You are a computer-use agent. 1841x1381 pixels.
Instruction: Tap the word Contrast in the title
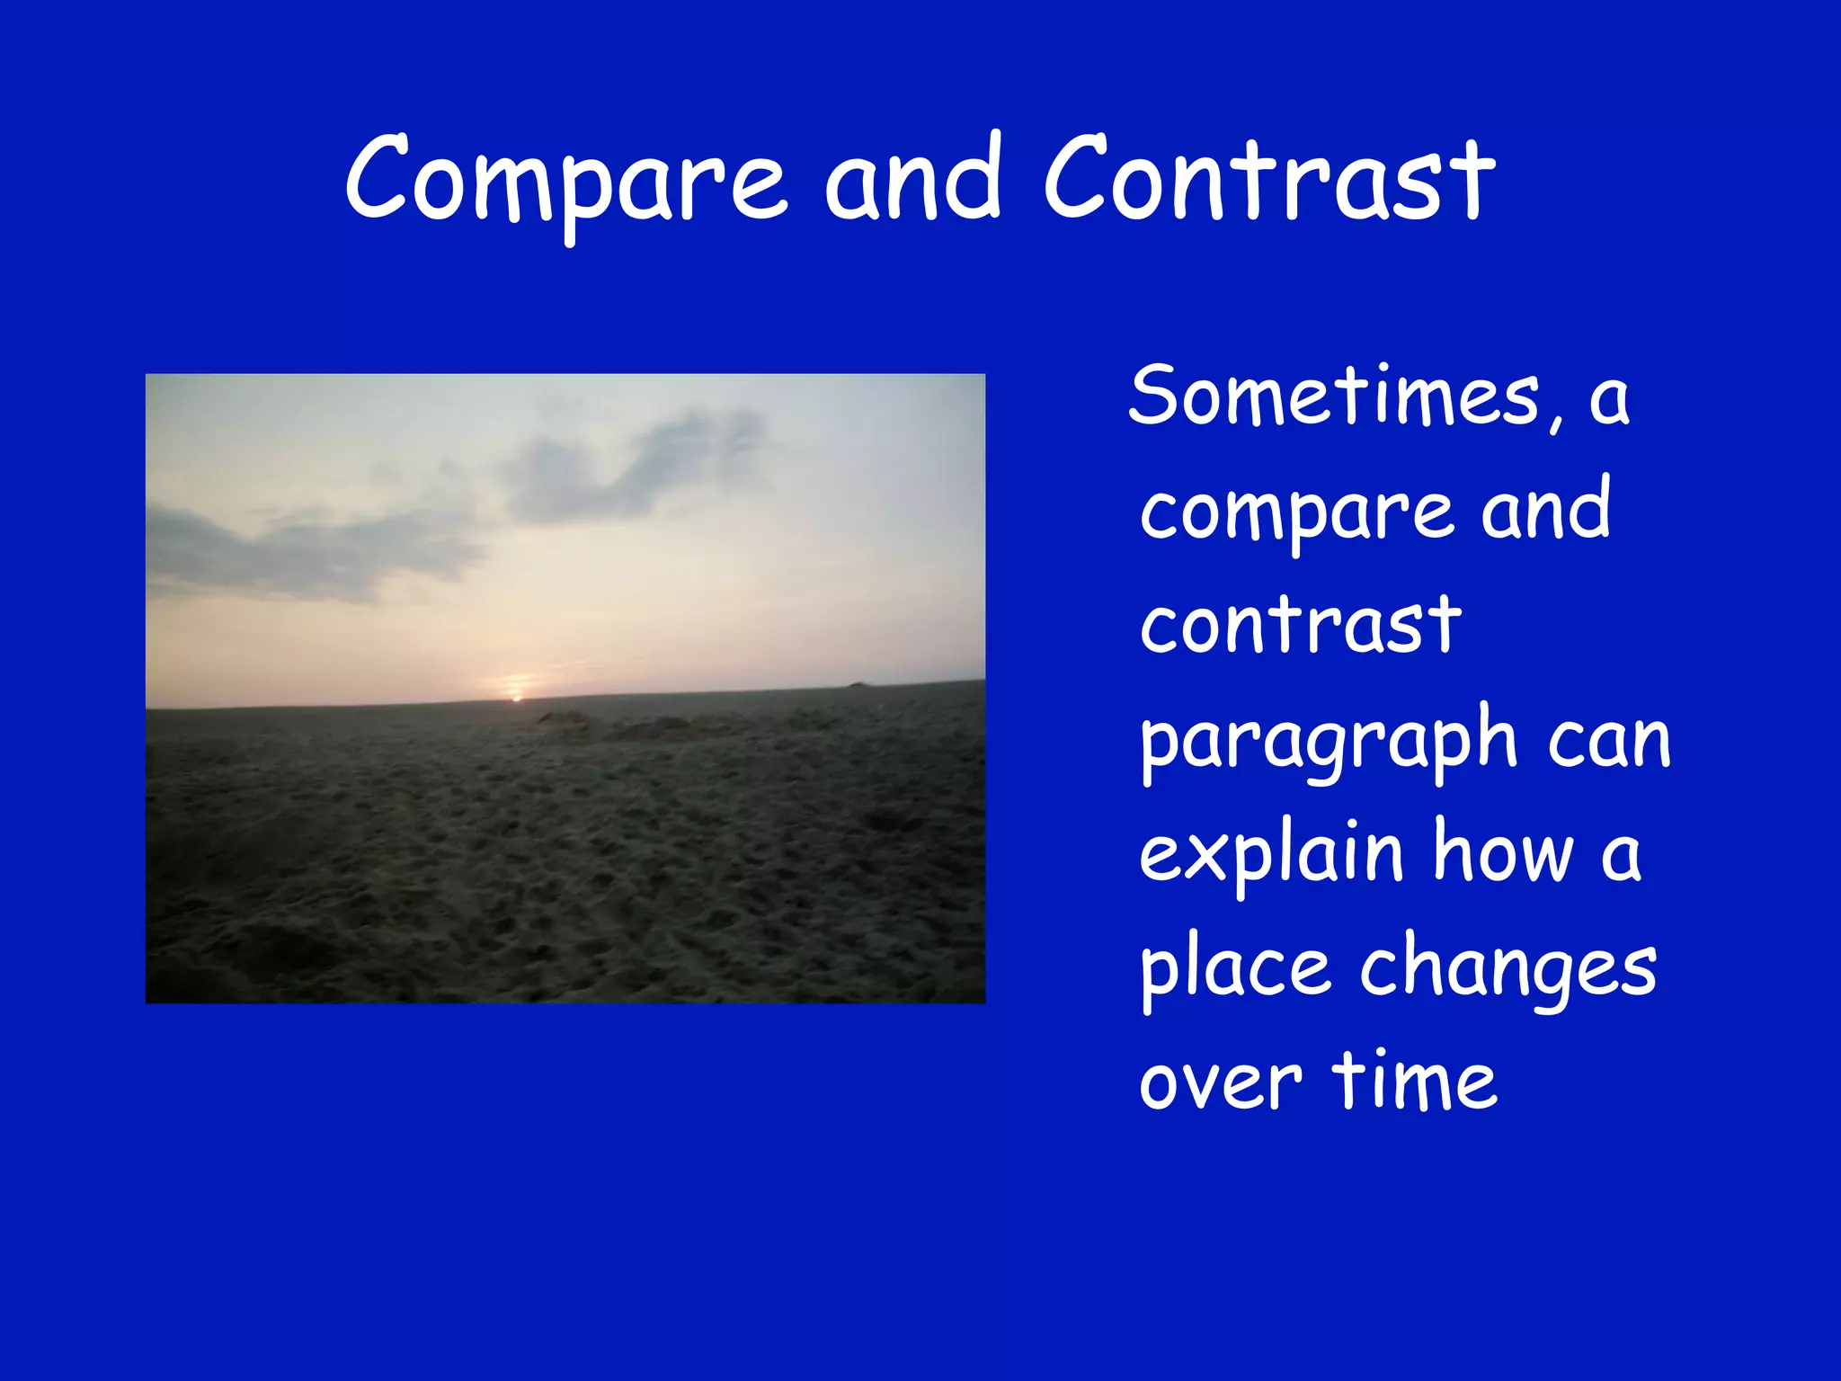tap(1268, 180)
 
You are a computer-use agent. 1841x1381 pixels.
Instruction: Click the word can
tap(1608, 742)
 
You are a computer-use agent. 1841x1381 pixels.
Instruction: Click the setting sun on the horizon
tap(517, 698)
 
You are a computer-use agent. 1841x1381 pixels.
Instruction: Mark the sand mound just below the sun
tap(564, 719)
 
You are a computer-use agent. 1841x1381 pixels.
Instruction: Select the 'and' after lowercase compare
tap(1545, 511)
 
